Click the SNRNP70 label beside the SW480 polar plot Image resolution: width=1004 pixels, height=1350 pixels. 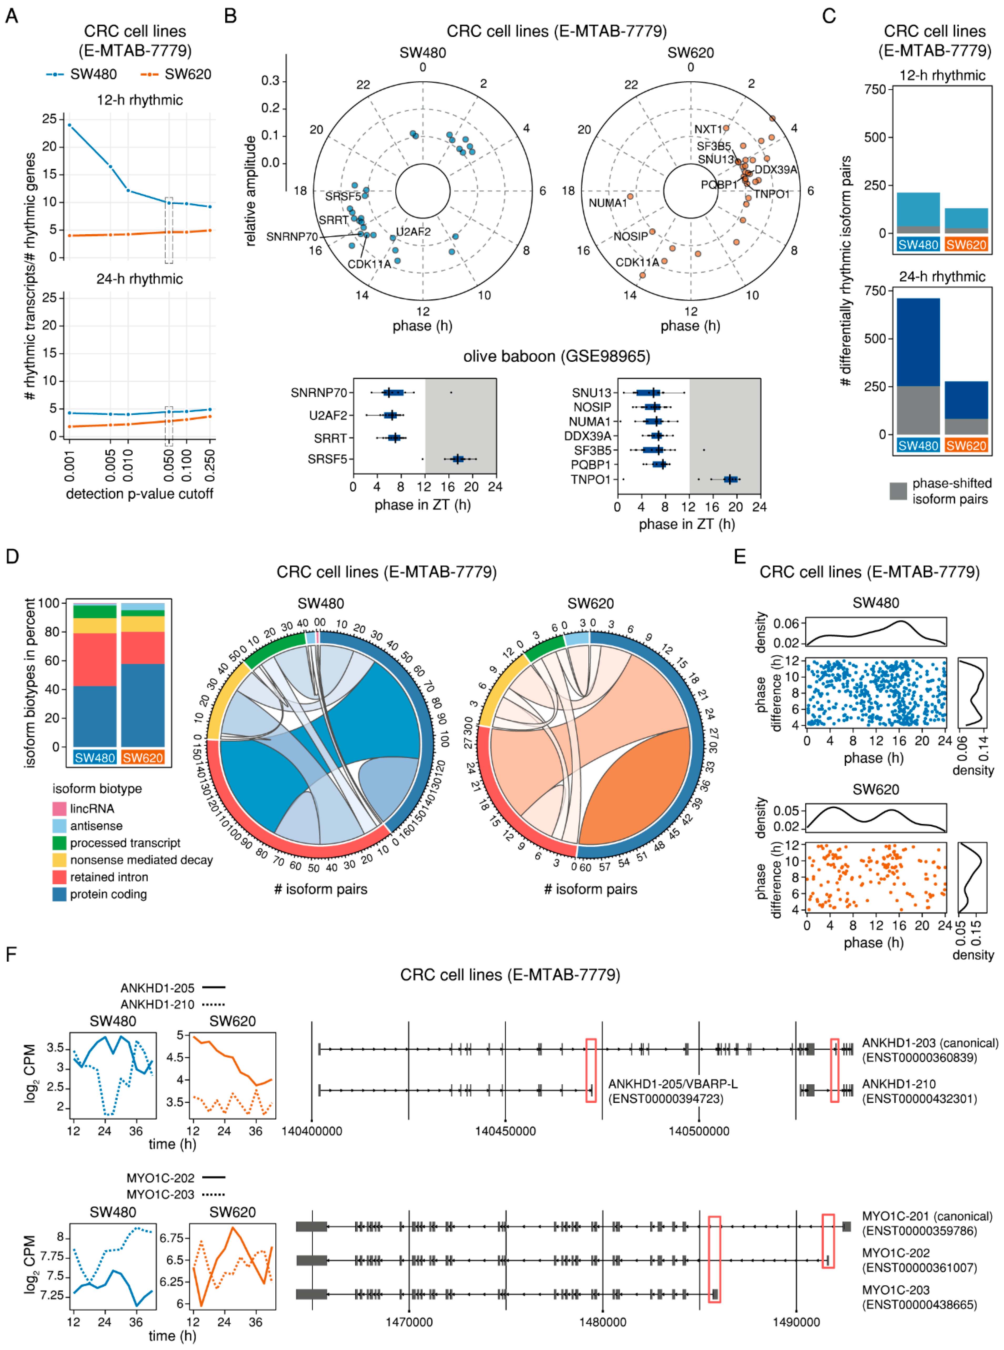pyautogui.click(x=292, y=237)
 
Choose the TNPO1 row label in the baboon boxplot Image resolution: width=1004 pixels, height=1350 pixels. pyautogui.click(x=590, y=480)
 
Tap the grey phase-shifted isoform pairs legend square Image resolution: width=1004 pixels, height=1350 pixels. pyautogui.click(x=898, y=491)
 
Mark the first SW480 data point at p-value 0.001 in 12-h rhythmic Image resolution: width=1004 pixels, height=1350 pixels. pyautogui.click(x=69, y=125)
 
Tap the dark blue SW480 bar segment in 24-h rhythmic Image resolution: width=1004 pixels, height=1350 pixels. pyautogui.click(x=918, y=342)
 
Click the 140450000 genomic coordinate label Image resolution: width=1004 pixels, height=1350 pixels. pyautogui.click(x=505, y=1131)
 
